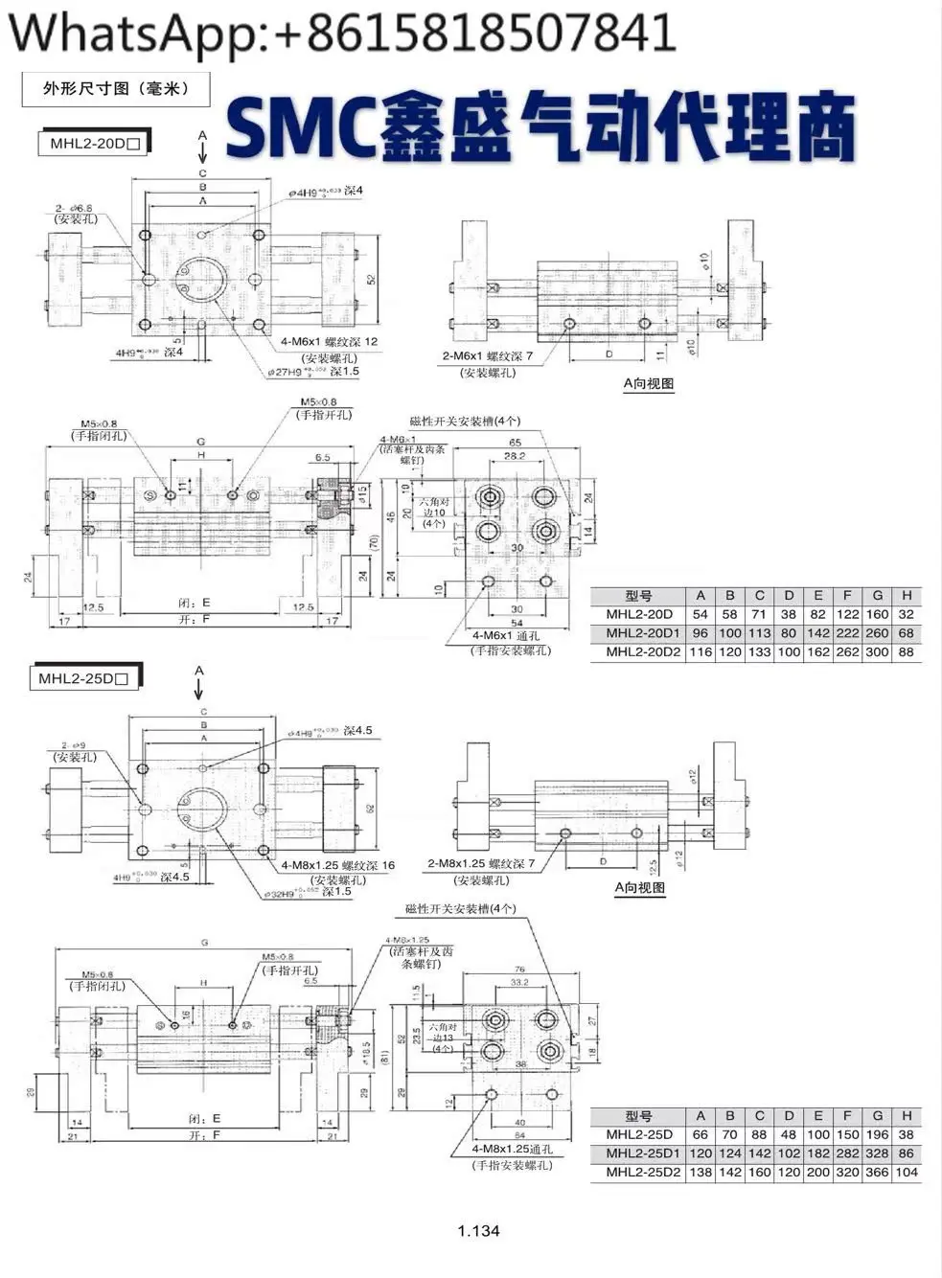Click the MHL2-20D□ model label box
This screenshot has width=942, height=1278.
point(93,145)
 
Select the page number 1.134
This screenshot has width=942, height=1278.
point(478,1231)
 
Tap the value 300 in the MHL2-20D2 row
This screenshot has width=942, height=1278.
point(877,652)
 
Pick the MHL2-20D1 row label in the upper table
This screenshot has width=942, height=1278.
point(638,633)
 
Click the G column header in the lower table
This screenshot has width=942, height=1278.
point(877,1116)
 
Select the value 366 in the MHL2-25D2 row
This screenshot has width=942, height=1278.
point(877,1173)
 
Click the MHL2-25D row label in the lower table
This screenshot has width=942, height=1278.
point(638,1135)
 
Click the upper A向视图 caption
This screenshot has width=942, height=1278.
point(648,384)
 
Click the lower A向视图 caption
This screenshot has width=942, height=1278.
point(639,888)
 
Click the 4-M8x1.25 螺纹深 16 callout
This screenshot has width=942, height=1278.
point(337,865)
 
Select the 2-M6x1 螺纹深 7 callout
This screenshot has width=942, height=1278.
point(487,356)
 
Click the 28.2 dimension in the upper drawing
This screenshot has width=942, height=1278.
point(515,457)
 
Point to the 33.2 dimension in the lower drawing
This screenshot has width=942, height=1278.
point(520,982)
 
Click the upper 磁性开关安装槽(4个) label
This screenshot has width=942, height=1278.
point(465,421)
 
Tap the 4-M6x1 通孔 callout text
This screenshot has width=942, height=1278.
point(506,635)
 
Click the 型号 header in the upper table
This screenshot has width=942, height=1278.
point(638,596)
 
